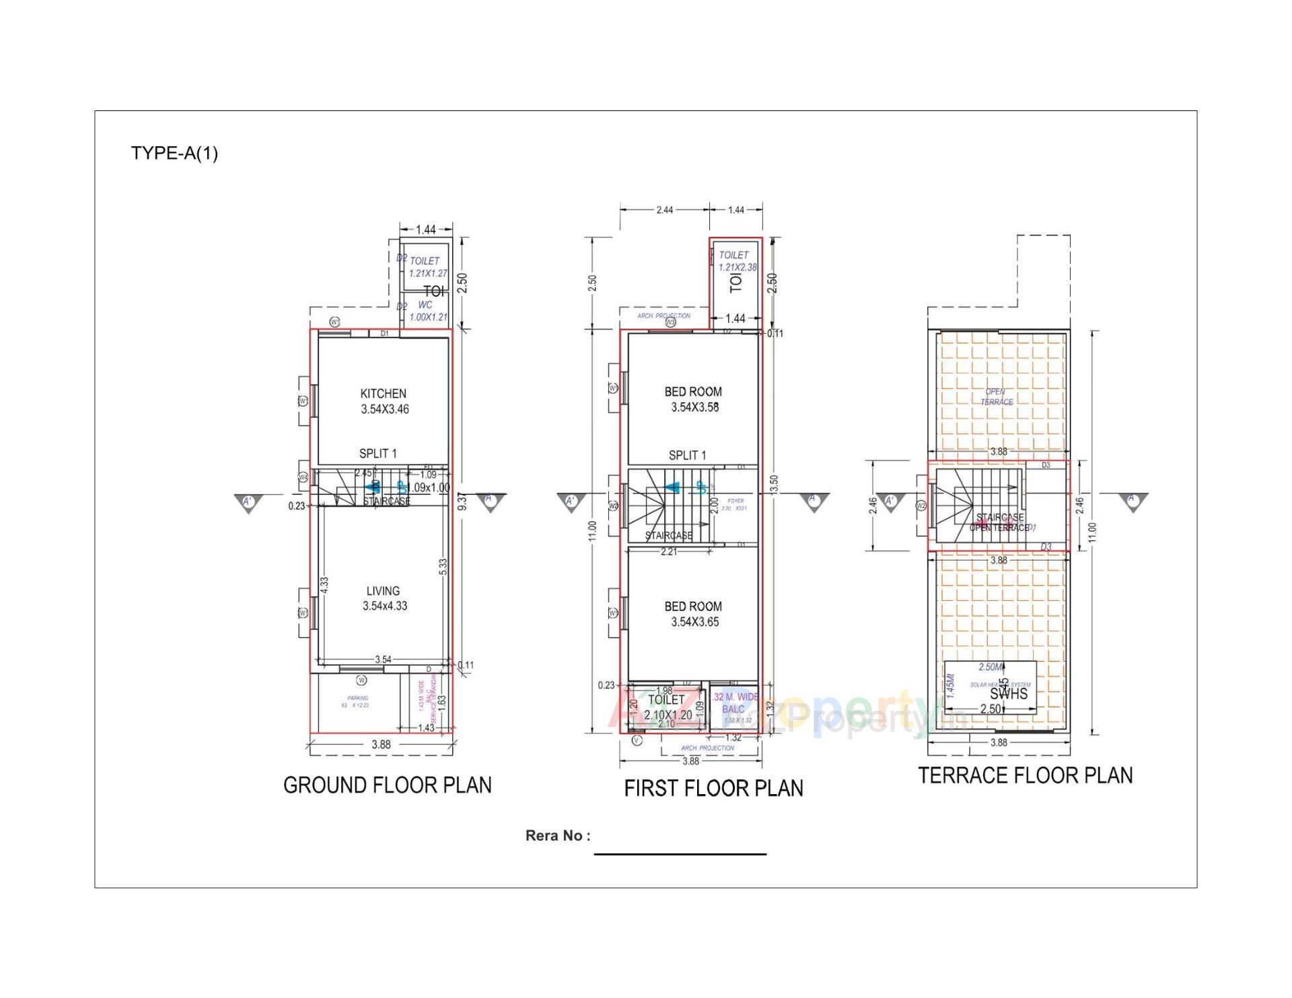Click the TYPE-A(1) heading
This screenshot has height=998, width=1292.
(x=174, y=153)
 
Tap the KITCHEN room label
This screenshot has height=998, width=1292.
(x=384, y=394)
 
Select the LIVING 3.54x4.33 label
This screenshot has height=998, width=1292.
(x=384, y=598)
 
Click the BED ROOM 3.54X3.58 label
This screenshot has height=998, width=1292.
(x=694, y=399)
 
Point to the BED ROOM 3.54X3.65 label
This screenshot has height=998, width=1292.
(x=694, y=614)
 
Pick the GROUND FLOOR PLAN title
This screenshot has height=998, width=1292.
(x=387, y=785)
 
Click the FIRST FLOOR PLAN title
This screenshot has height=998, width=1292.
(x=713, y=788)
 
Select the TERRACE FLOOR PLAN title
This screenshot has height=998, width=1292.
(x=1025, y=776)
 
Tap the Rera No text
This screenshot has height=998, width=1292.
(x=557, y=836)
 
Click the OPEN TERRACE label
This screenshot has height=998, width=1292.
(x=996, y=396)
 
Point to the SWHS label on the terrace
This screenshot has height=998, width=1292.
(x=1009, y=694)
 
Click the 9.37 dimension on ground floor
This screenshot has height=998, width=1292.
(x=462, y=502)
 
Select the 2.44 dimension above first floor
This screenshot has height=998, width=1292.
(x=664, y=210)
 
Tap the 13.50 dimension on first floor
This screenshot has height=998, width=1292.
(x=774, y=485)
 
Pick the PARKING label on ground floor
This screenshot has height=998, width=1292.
(x=357, y=701)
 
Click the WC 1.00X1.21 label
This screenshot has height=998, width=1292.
(x=427, y=311)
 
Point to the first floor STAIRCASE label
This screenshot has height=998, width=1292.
(x=668, y=536)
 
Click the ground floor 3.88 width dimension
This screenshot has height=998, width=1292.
(x=381, y=744)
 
